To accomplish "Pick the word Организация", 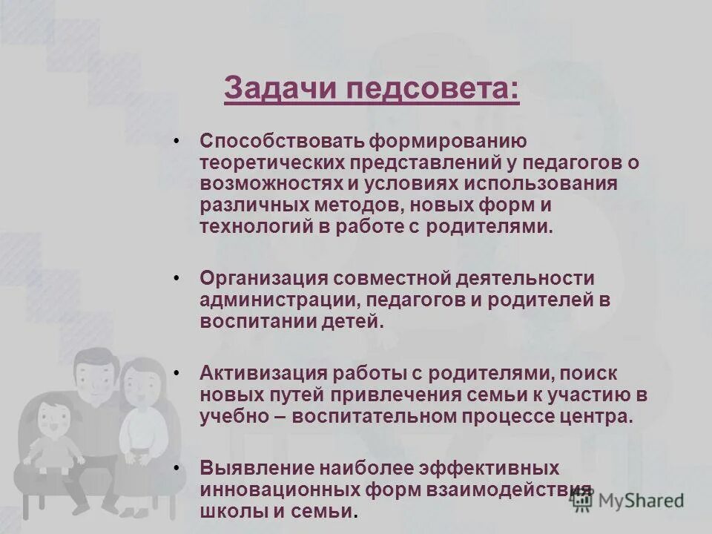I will pos(263,279).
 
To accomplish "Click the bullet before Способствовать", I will pos(176,141).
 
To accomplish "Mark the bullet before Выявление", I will pos(176,469).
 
